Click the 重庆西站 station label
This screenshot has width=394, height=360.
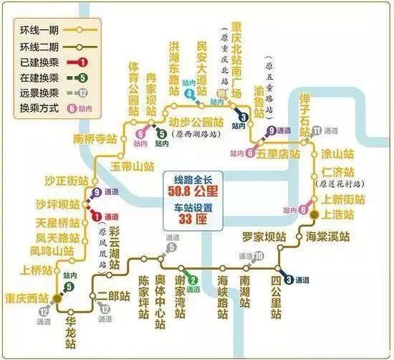pos(24,299)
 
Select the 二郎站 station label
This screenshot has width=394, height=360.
pos(113,295)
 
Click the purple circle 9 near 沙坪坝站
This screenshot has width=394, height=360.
pos(97,192)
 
